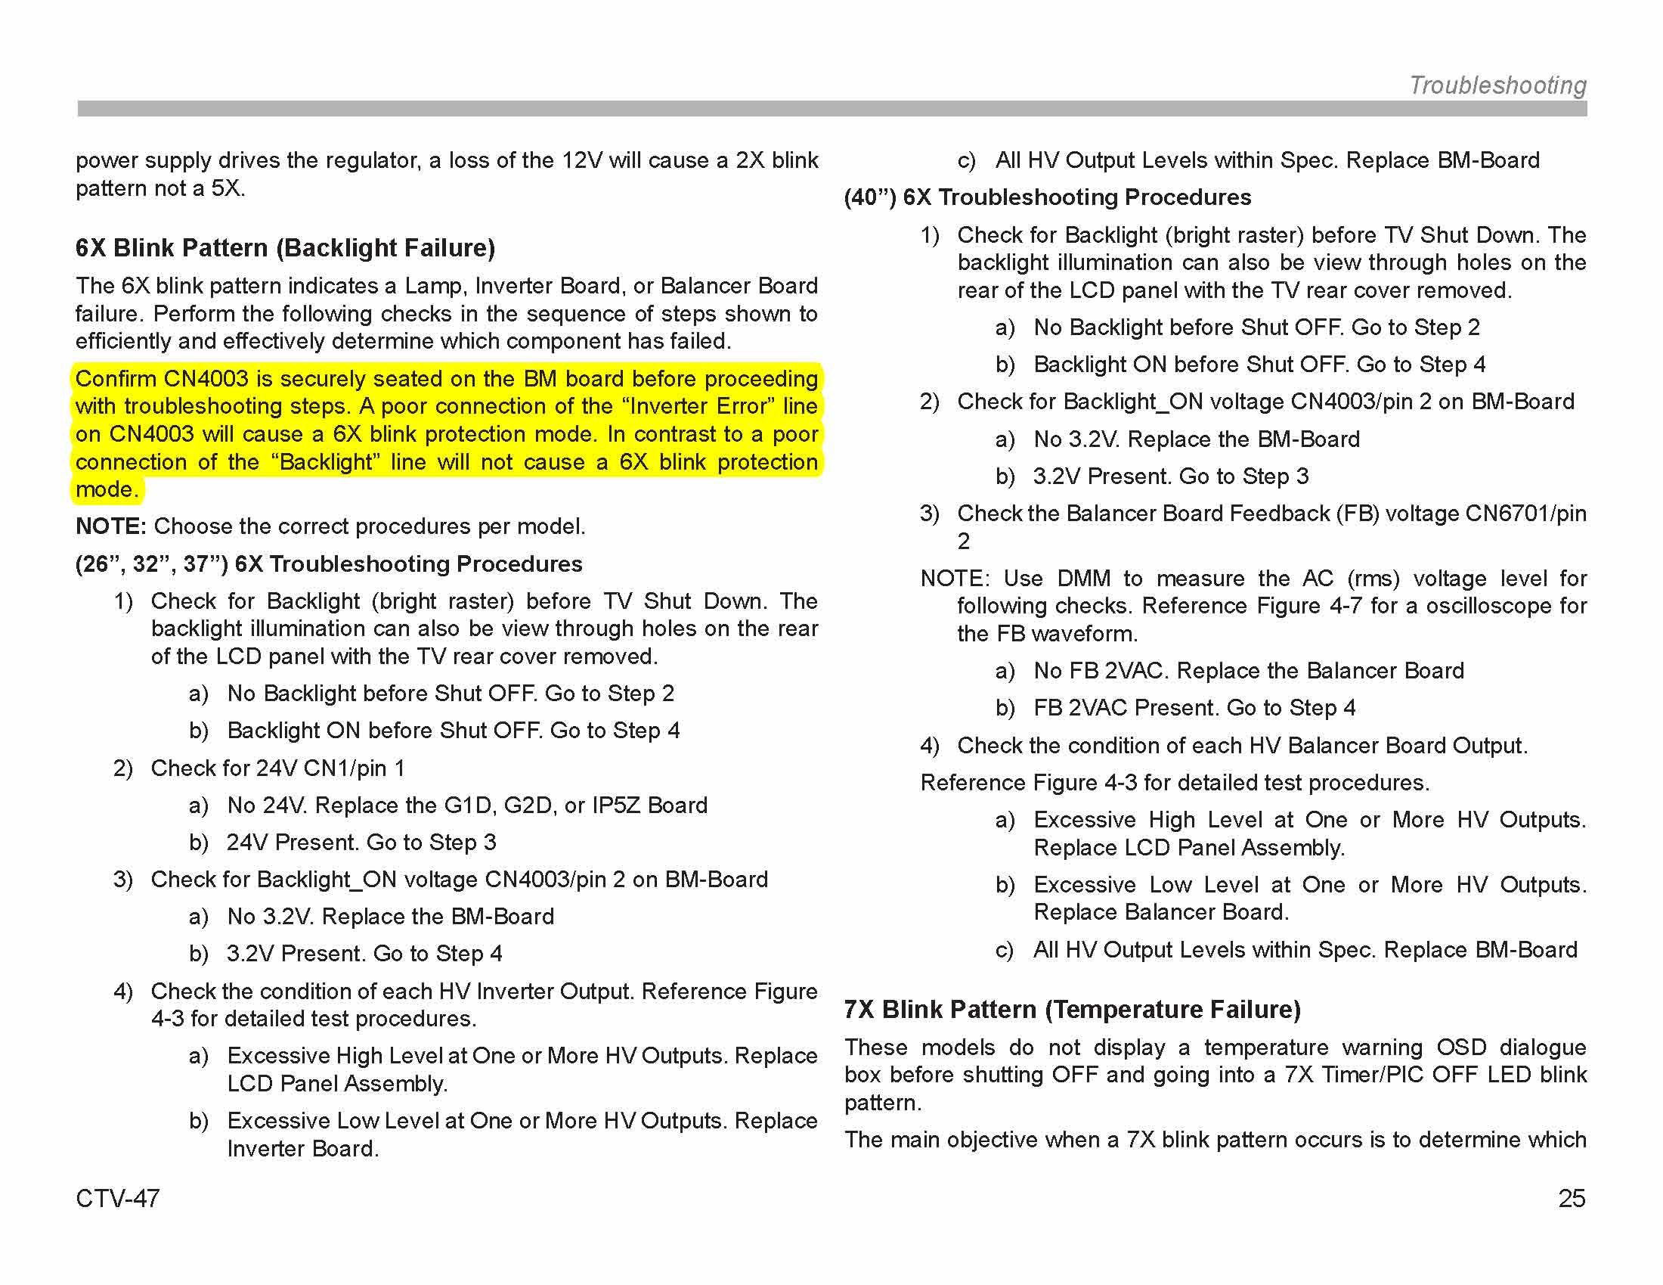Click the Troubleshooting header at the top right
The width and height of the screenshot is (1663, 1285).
(x=1497, y=85)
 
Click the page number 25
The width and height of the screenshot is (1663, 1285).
(x=1572, y=1198)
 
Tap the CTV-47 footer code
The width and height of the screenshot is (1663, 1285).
(x=117, y=1198)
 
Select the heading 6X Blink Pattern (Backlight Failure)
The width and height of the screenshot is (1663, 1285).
(x=285, y=247)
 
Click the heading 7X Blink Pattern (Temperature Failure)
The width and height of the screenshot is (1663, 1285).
(x=1072, y=1009)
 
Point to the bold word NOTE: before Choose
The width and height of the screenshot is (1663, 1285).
(x=110, y=526)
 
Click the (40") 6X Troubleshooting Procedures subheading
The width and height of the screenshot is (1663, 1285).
(x=1047, y=197)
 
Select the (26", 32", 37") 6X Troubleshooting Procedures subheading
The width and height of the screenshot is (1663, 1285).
(x=328, y=563)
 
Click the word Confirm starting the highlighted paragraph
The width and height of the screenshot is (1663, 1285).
(x=115, y=379)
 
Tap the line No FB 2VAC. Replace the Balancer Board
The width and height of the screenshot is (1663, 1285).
(x=1248, y=670)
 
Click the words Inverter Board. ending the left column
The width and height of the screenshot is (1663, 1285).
(x=302, y=1148)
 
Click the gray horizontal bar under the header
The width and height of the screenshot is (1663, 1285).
(x=831, y=109)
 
